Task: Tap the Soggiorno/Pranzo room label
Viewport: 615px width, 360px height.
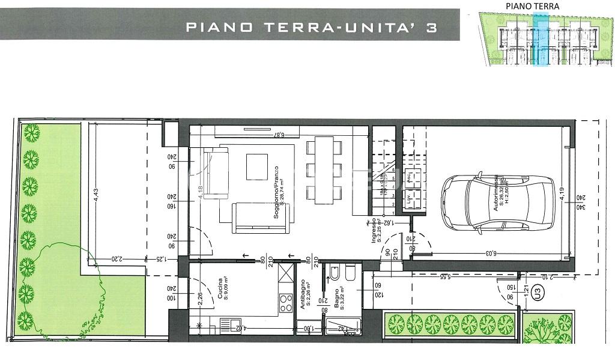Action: point(278,191)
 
